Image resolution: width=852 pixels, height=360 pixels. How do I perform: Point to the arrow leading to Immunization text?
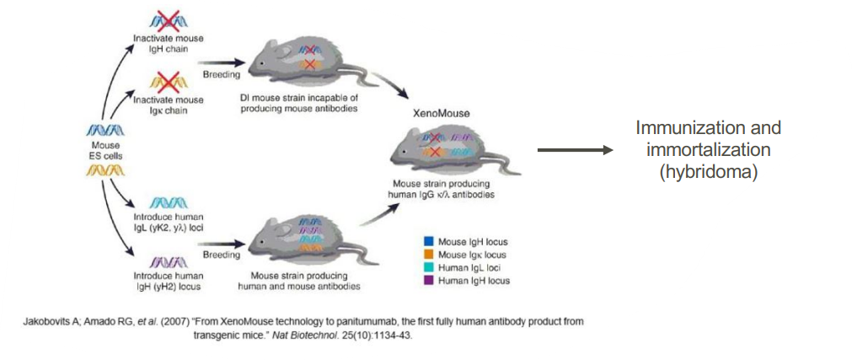point(574,150)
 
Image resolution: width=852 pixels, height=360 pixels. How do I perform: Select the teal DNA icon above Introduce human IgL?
point(171,202)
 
